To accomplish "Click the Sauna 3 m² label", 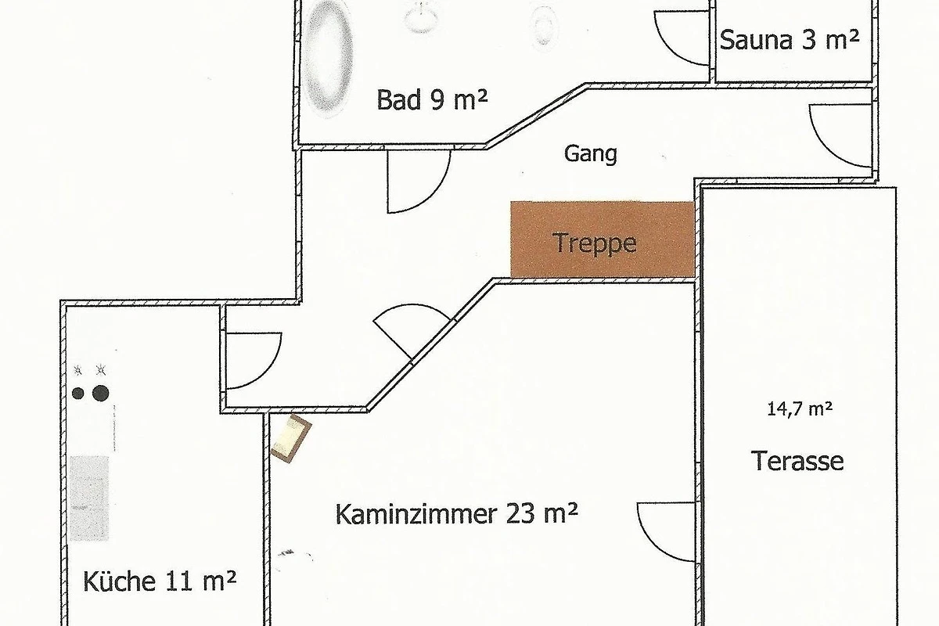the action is [790, 40].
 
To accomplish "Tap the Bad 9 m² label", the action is [432, 100].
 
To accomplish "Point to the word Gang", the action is [591, 154].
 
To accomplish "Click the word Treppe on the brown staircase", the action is [595, 243].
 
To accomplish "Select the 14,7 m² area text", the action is [800, 408].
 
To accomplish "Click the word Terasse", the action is [797, 461].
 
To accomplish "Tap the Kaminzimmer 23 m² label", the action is [456, 514].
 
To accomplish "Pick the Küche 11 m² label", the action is [160, 581].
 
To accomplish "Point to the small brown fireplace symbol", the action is [291, 438].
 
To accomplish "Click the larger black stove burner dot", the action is [101, 394].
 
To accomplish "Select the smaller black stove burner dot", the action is [78, 394].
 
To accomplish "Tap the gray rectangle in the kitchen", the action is [89, 498].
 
